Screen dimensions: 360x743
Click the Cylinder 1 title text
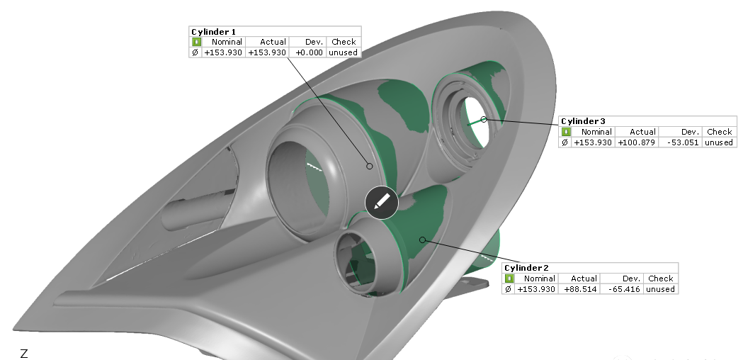213,32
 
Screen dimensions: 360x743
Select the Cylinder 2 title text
526,268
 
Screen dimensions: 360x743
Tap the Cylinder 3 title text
583,121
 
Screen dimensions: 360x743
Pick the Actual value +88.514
581,289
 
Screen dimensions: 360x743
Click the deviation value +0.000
309,52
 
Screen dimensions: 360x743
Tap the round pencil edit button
382,202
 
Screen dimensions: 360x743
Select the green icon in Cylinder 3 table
565,132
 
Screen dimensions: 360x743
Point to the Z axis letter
24,353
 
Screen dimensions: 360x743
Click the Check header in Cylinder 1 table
344,42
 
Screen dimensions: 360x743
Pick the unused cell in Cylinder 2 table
660,289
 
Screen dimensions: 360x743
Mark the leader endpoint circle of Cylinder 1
369,166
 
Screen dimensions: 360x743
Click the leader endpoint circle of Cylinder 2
423,240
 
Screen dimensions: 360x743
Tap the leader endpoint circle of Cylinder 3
484,120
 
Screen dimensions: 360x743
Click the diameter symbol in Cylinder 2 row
507,289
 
